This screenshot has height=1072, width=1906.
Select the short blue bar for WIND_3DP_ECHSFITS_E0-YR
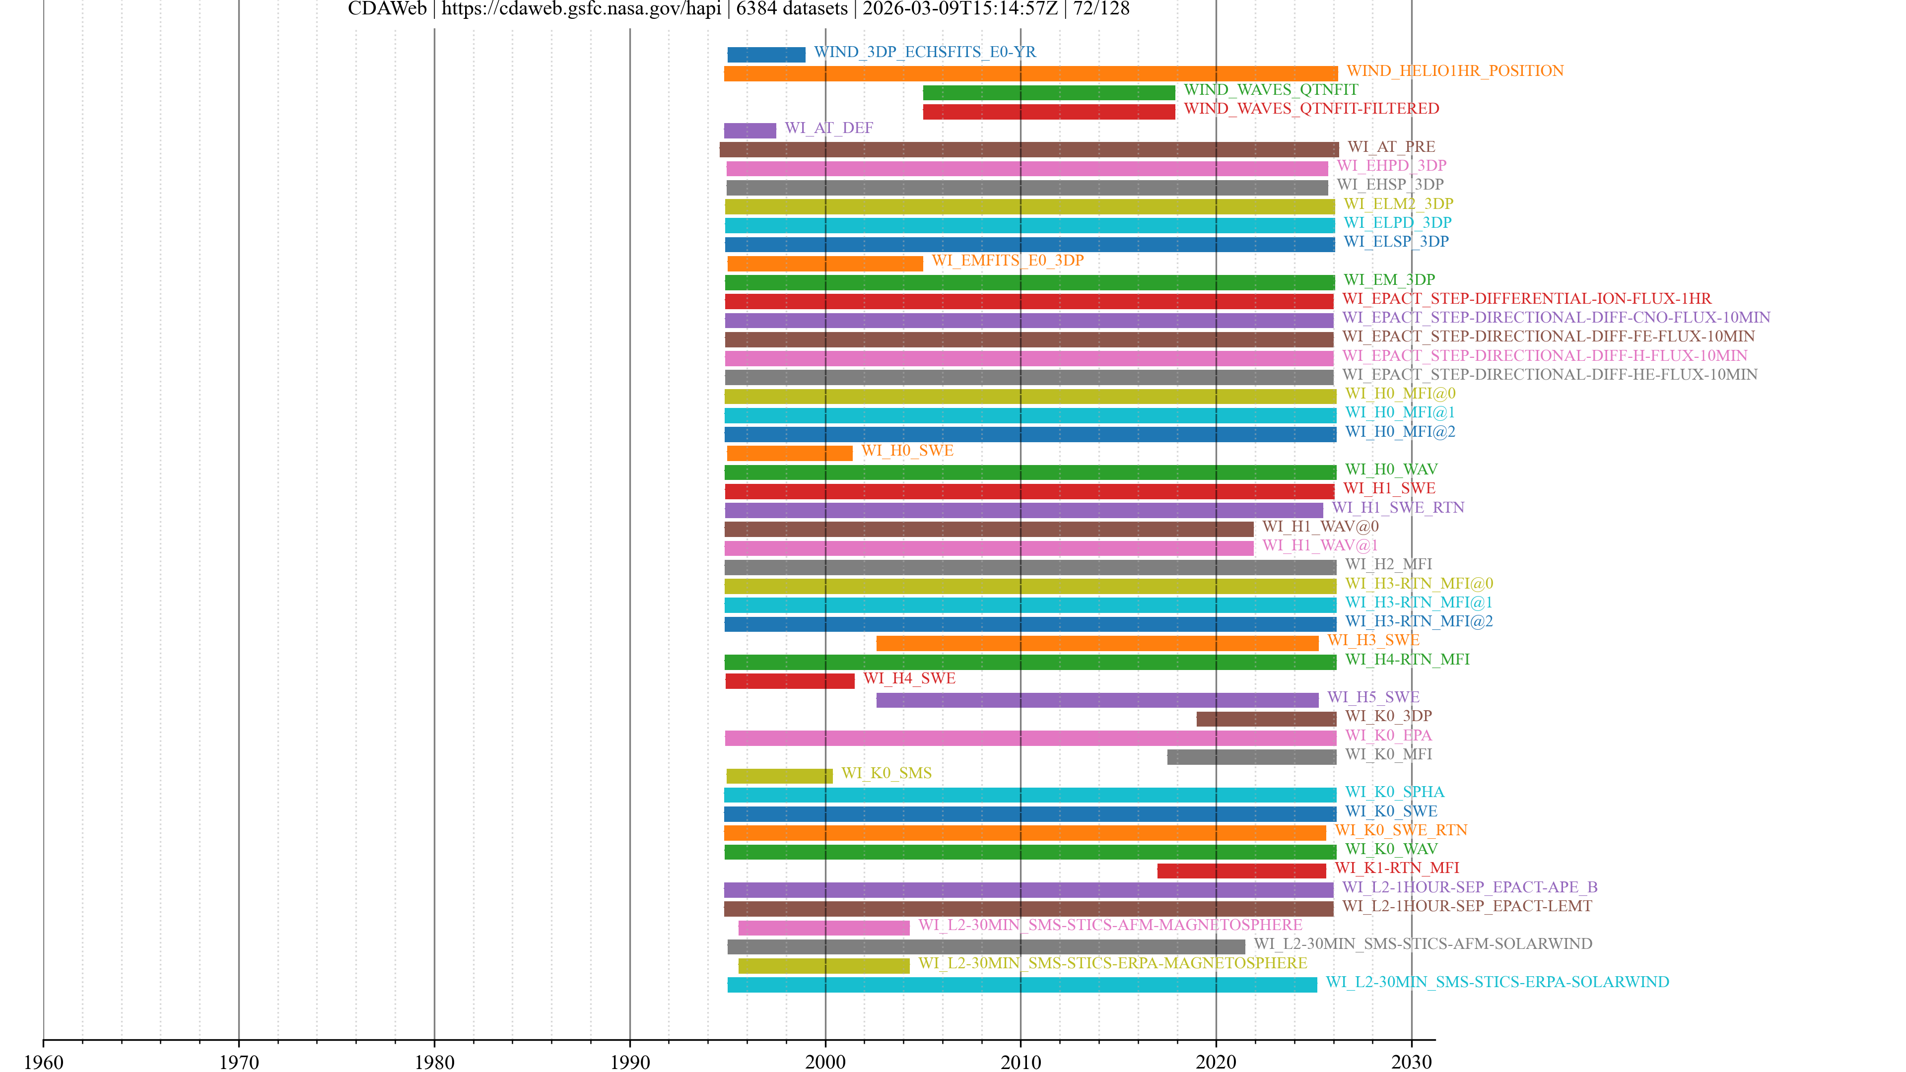coord(766,55)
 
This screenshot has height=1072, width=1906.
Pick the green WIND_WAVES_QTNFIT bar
coord(1048,92)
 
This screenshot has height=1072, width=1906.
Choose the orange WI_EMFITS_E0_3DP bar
coord(825,264)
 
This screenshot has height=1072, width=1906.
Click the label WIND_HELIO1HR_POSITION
coord(1455,71)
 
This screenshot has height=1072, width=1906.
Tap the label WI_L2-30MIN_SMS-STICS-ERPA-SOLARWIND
coord(1497,982)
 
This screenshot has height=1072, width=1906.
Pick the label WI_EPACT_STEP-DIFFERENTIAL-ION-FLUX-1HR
coord(1526,299)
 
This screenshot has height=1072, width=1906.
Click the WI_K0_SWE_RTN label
coord(1401,830)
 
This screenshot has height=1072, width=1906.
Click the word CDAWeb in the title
coord(387,9)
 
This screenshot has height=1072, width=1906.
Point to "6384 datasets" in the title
coord(792,9)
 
